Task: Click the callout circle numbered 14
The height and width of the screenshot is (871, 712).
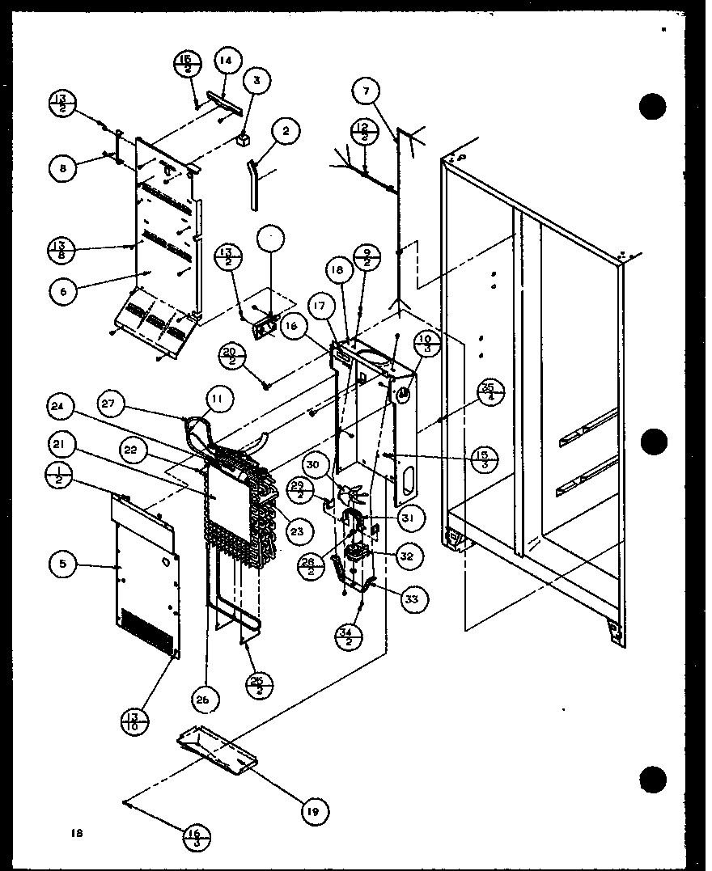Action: click(x=225, y=60)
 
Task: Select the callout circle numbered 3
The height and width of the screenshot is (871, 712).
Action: click(x=256, y=80)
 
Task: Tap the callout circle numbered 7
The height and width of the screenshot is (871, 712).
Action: click(x=366, y=92)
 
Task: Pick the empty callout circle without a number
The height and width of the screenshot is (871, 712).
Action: click(x=272, y=241)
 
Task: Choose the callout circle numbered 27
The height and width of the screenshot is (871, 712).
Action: click(x=114, y=402)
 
